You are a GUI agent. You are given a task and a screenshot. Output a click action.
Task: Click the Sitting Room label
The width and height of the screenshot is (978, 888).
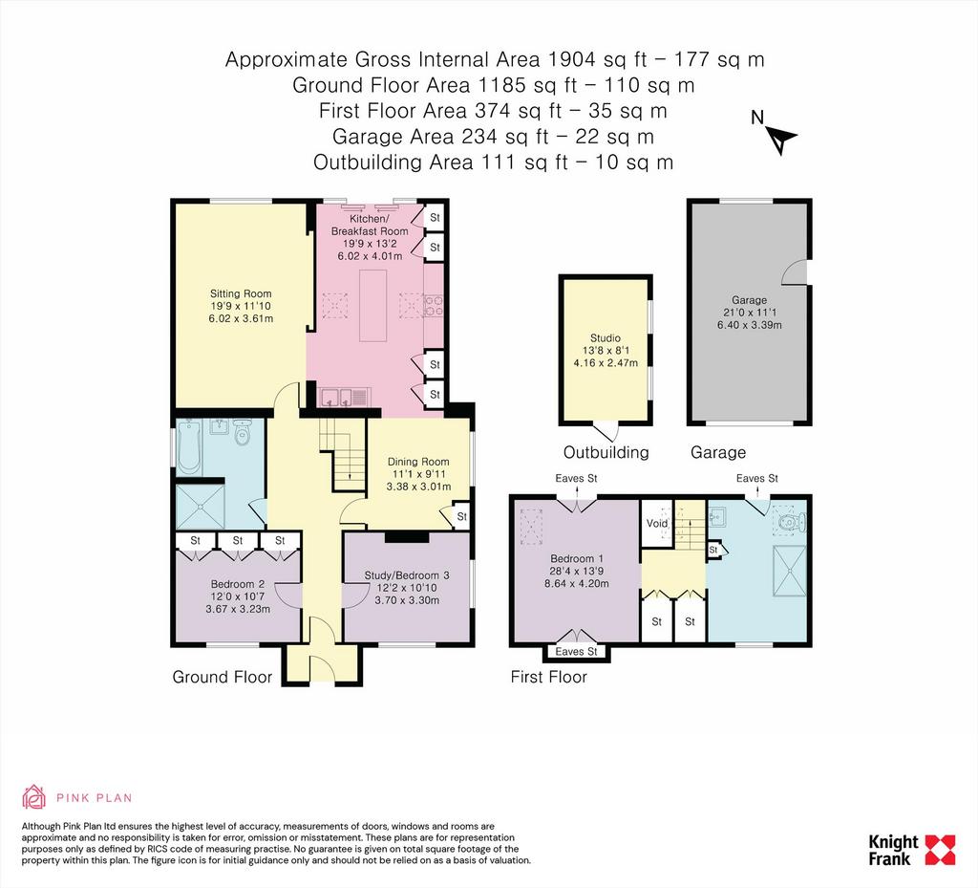click(241, 293)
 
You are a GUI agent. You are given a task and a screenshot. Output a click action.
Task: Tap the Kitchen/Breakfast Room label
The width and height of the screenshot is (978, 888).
click(370, 225)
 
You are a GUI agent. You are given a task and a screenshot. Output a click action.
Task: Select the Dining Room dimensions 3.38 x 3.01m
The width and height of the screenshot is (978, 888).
click(418, 487)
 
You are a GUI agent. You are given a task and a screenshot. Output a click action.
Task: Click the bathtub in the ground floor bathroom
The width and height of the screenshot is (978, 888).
click(188, 446)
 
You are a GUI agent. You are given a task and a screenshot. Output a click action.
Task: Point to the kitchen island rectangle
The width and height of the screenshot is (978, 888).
click(373, 305)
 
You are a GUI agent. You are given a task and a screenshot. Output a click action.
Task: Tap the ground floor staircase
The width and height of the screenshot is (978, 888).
click(342, 454)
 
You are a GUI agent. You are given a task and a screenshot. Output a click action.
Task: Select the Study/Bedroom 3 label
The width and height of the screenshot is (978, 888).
click(407, 575)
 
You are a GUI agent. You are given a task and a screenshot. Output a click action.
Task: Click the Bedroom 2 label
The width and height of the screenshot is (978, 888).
click(238, 584)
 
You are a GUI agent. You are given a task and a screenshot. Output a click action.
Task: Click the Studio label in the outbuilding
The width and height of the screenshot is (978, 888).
click(606, 337)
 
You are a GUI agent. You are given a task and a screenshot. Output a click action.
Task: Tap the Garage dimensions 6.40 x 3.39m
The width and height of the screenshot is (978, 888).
click(749, 324)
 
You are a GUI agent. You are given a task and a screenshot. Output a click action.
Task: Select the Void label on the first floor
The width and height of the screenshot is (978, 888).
click(656, 524)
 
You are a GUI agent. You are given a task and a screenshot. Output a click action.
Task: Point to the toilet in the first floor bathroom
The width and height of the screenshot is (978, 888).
click(794, 521)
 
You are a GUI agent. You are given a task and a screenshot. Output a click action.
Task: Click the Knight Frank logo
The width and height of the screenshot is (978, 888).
click(911, 850)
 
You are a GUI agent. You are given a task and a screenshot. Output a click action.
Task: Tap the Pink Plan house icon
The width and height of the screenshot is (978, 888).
click(33, 796)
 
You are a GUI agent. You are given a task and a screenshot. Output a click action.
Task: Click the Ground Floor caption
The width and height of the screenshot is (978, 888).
click(222, 677)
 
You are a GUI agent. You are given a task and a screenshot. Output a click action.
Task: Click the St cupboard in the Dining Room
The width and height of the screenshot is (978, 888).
click(461, 517)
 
